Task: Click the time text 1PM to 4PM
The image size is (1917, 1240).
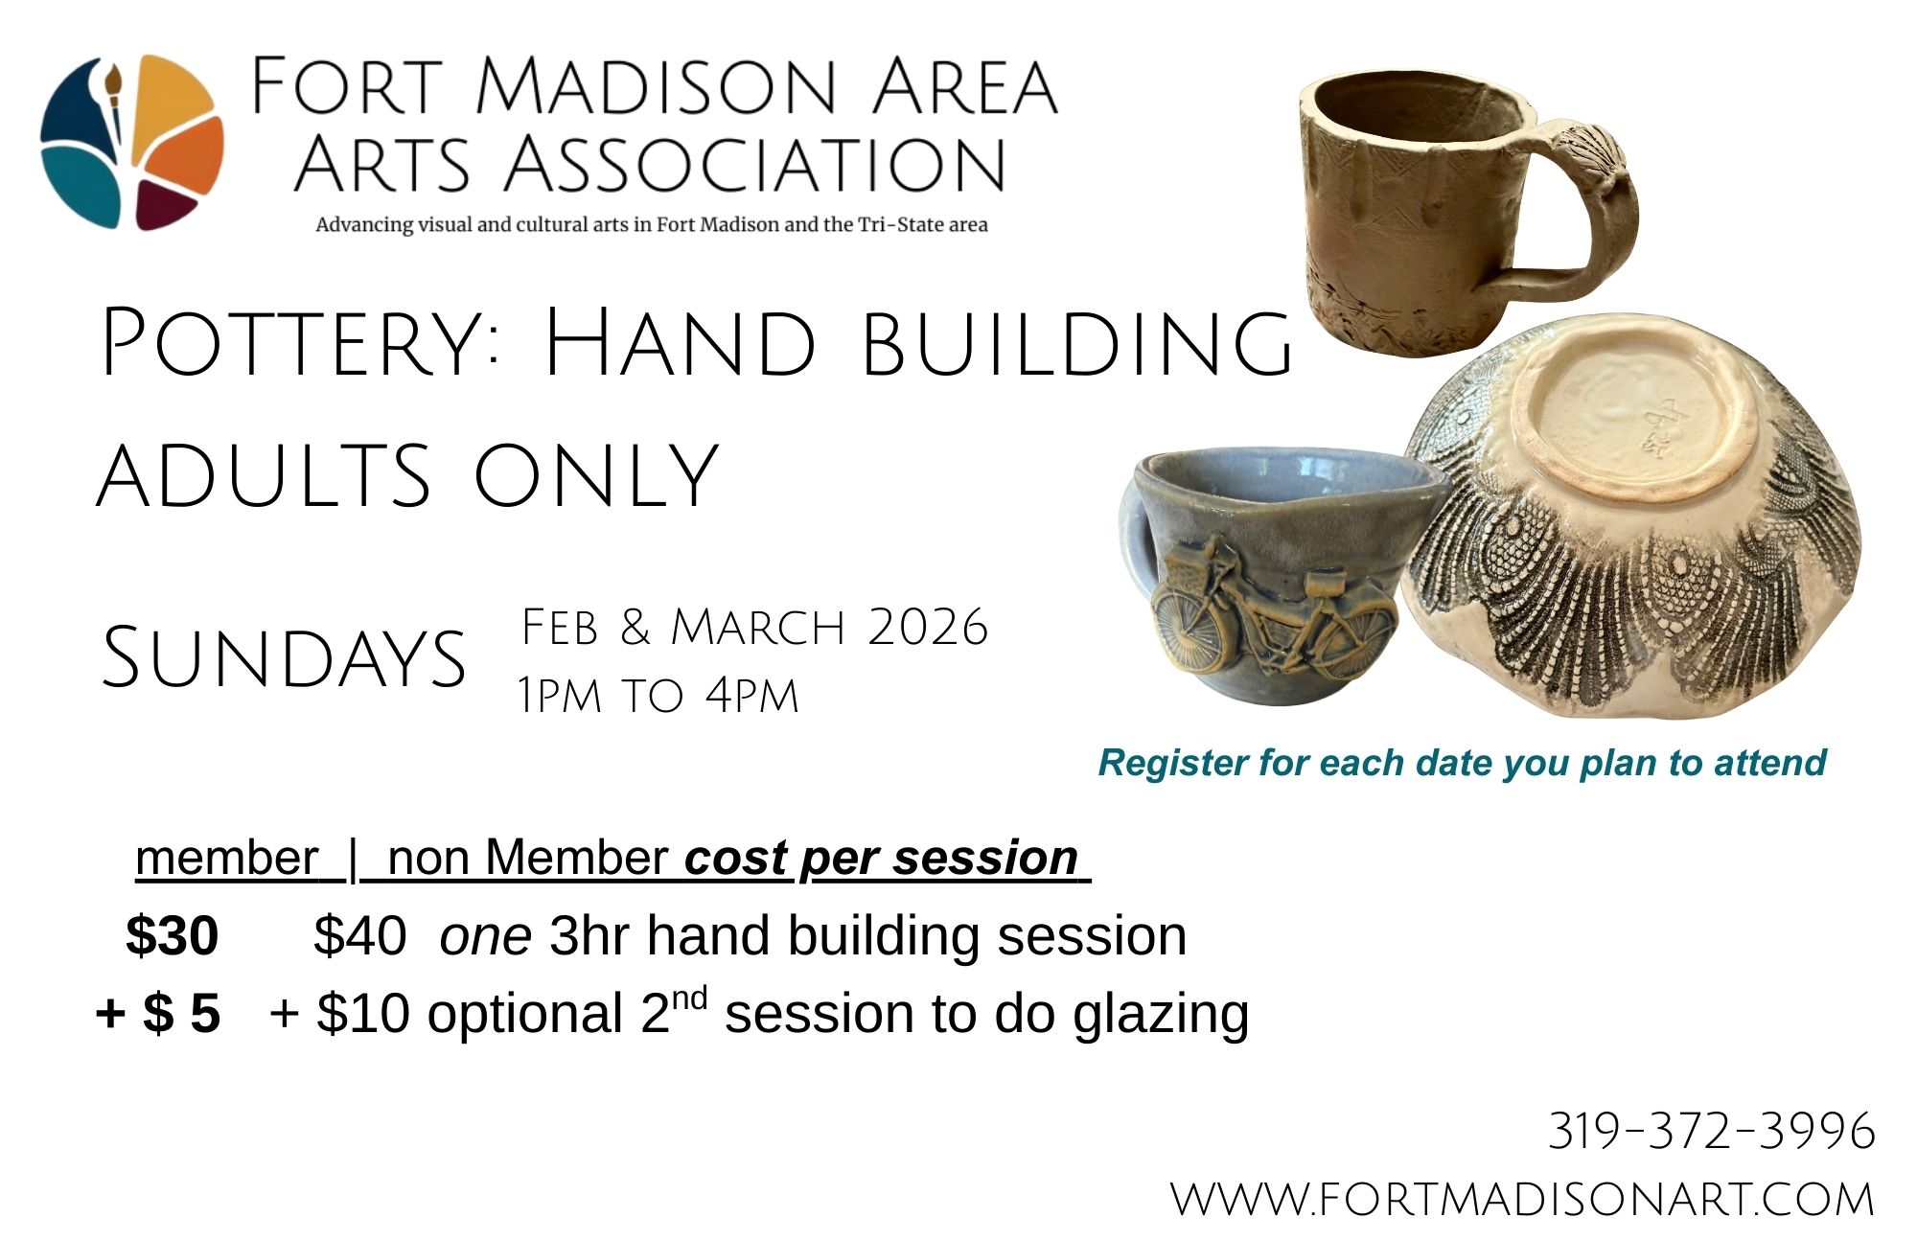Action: click(658, 696)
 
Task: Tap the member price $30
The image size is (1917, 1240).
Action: click(173, 935)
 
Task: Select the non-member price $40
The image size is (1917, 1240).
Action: click(359, 935)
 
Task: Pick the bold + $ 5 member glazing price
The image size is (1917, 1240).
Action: click(158, 1013)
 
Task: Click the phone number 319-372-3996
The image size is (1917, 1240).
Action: click(1712, 1131)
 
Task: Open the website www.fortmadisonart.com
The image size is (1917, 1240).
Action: click(1522, 1200)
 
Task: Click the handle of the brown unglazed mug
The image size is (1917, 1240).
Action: click(1572, 206)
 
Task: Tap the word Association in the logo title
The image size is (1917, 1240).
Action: click(754, 164)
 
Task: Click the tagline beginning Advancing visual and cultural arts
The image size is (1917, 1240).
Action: click(652, 225)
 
